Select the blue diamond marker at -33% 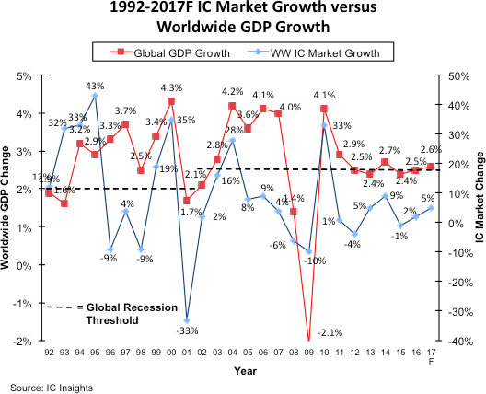click(187, 320)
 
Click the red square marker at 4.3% click(171, 101)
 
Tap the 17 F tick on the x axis click(430, 356)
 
